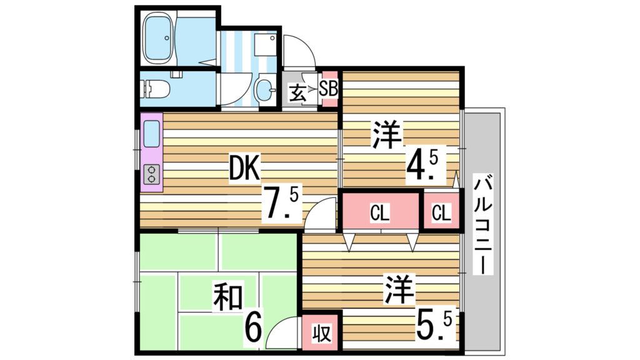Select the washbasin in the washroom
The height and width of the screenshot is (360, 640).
265,90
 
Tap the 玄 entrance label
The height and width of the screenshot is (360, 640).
297,93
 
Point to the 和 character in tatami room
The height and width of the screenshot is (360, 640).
228,297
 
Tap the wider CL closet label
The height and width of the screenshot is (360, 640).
379,213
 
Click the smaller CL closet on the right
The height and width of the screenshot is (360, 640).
441,213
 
